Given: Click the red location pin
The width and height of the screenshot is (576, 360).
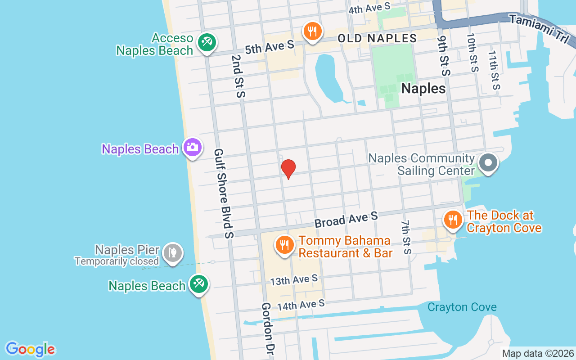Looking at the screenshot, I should [x=288, y=169].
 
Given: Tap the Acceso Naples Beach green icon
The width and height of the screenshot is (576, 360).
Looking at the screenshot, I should [x=207, y=43].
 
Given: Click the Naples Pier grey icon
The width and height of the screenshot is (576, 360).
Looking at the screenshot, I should [x=172, y=253].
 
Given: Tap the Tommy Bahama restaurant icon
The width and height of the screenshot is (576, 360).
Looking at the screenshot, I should [x=284, y=245].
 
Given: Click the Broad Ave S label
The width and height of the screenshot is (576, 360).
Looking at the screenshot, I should [x=346, y=220].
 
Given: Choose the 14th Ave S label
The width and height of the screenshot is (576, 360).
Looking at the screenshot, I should [x=301, y=305].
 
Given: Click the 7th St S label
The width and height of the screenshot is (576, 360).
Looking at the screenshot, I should [x=406, y=237].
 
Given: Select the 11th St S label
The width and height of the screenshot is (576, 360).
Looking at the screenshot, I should [x=494, y=70].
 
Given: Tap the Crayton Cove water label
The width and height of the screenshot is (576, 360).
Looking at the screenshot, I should [x=462, y=307].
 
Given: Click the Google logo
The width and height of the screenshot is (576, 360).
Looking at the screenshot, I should [x=30, y=349].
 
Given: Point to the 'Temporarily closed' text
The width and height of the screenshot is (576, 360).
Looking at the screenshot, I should [x=117, y=261].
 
